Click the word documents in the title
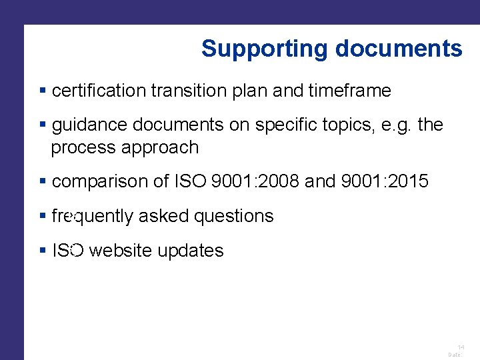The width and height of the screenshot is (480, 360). tap(399, 49)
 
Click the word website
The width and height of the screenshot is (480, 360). tap(121, 251)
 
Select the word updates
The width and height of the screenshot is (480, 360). tap(191, 251)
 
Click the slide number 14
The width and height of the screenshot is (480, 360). tap(461, 347)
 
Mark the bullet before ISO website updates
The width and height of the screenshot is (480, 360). tap(43, 251)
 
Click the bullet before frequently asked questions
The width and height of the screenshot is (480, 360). tap(43, 216)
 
